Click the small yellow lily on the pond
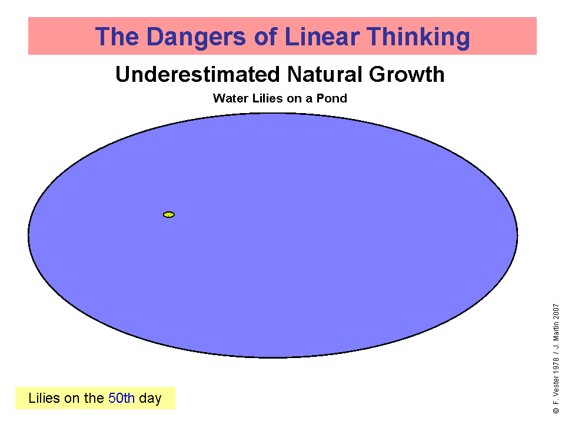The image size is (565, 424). (x=169, y=214)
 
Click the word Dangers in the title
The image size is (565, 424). (x=196, y=37)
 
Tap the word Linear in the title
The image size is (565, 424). (x=322, y=37)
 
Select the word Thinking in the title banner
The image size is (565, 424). (x=418, y=37)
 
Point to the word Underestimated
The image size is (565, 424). (x=198, y=74)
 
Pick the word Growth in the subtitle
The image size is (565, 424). (x=407, y=74)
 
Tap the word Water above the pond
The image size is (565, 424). (x=230, y=98)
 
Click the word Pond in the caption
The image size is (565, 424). (x=331, y=98)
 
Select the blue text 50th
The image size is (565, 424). (x=121, y=398)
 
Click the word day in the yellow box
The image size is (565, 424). (x=150, y=399)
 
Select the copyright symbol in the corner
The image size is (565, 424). (x=556, y=410)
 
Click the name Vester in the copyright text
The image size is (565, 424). (x=556, y=387)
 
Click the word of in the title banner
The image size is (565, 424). (x=265, y=37)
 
